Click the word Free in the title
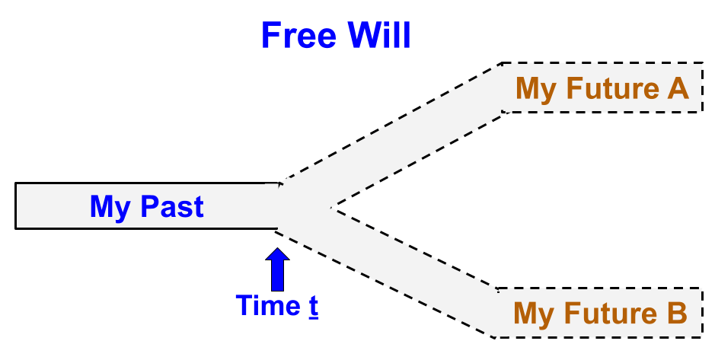[x=298, y=35]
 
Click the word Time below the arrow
[x=267, y=305]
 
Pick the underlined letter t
[x=313, y=305]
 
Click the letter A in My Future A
[x=678, y=89]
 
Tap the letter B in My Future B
[x=677, y=313]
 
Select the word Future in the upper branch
[x=610, y=89]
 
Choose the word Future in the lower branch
[x=608, y=313]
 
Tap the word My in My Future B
[x=534, y=314]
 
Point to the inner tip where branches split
[x=331, y=207]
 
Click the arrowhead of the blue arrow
[x=278, y=254]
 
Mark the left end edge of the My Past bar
[x=16, y=206]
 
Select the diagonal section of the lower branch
[x=404, y=266]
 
